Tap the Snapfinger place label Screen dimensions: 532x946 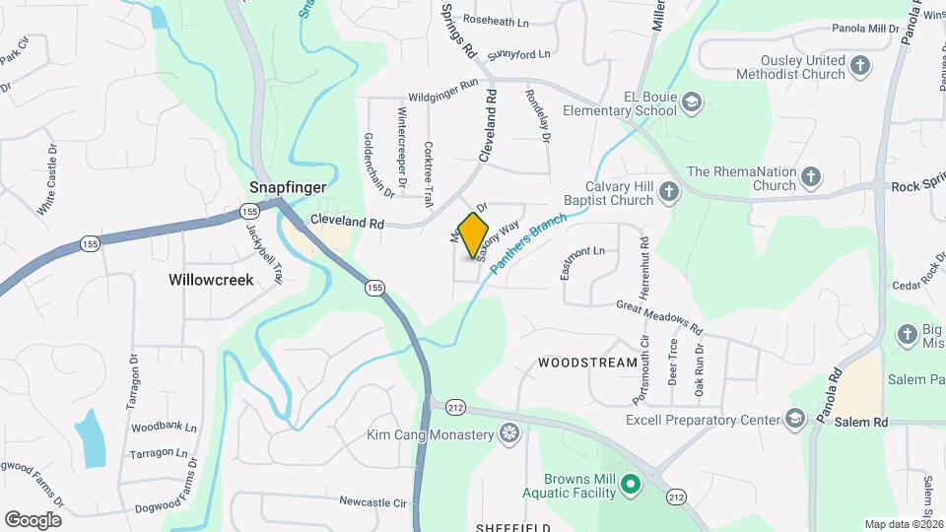[x=288, y=186]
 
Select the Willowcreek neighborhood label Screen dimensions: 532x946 [x=211, y=280]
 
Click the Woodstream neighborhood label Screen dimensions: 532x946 [x=588, y=363]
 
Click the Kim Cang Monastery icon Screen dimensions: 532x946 [x=508, y=434]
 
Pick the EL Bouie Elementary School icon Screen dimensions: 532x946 [x=692, y=102]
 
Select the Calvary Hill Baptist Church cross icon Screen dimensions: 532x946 [x=669, y=192]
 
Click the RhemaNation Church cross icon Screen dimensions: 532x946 [x=810, y=177]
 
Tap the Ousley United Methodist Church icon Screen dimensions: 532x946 [x=861, y=67]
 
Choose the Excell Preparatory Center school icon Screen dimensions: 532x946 [x=794, y=420]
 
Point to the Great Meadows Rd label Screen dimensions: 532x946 [x=659, y=317]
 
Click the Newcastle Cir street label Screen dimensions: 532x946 [x=372, y=502]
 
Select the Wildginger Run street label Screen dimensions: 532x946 [x=442, y=91]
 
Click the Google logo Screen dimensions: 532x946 [x=33, y=519]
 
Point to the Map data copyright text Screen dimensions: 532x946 [x=904, y=524]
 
